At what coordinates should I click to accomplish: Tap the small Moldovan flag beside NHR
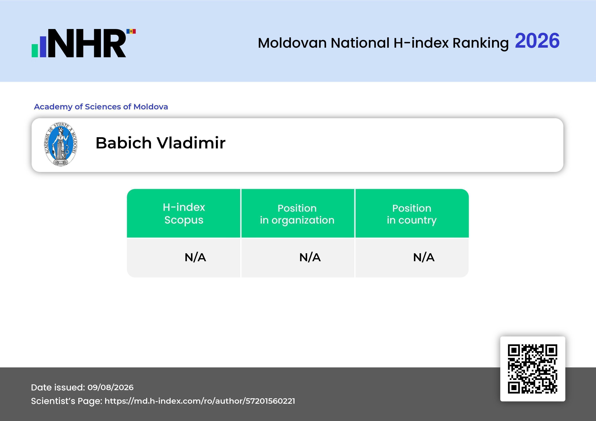[131, 31]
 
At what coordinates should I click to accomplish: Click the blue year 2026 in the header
[537, 41]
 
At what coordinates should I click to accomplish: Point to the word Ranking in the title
[480, 43]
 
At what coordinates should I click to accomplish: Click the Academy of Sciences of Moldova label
[101, 107]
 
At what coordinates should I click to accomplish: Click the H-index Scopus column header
[184, 213]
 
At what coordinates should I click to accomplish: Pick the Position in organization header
[297, 214]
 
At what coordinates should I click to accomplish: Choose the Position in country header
[412, 214]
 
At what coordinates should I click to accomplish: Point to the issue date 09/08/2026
[111, 387]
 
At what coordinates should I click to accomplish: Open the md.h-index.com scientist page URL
[200, 401]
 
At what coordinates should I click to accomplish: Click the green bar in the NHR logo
[35, 51]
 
